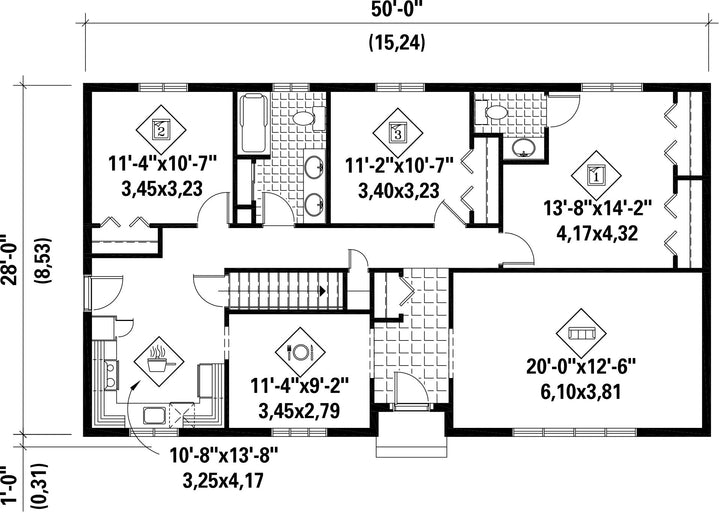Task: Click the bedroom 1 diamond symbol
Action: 596,175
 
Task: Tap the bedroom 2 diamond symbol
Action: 161,130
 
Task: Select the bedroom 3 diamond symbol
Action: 398,133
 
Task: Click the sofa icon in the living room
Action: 581,333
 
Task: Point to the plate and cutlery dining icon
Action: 300,352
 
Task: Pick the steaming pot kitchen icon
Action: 159,361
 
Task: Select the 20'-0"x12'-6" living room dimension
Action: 581,367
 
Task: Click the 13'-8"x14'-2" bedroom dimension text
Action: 598,209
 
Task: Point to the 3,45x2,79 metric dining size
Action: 299,411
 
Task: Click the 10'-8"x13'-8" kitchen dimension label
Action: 225,456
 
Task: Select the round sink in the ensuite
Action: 522,148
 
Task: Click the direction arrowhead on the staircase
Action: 323,291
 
